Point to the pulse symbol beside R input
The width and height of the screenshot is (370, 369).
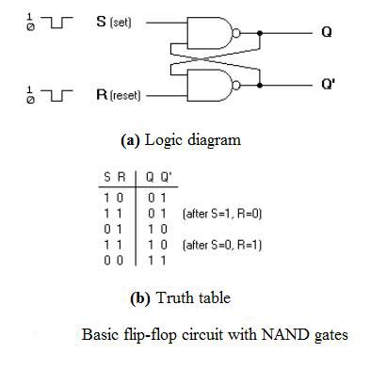(x=53, y=96)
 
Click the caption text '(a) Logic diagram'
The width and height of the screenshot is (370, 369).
(x=180, y=139)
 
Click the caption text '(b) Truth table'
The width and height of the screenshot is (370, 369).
(x=180, y=297)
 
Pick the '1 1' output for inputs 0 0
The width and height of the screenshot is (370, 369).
(x=154, y=259)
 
